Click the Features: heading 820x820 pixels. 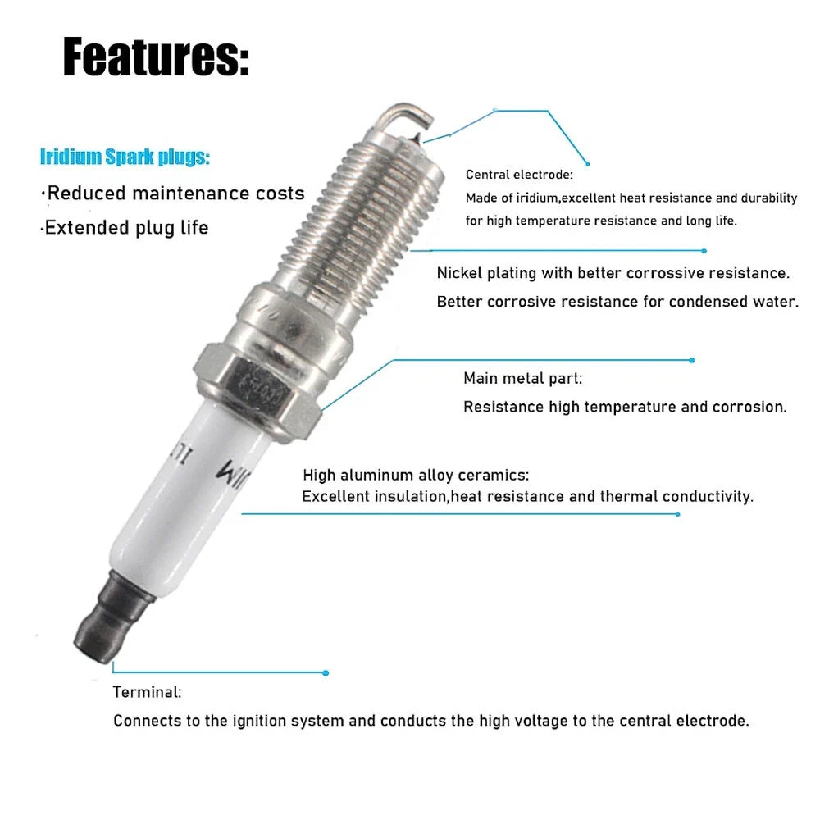tap(156, 57)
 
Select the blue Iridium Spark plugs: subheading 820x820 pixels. tap(125, 157)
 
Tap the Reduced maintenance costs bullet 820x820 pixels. tap(172, 193)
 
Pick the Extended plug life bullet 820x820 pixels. tap(125, 228)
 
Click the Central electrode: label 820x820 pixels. tap(519, 175)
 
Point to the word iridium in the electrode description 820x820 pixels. tap(537, 198)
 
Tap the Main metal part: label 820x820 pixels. tap(522, 378)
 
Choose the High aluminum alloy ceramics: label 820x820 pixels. tap(416, 475)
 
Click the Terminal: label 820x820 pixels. tap(147, 692)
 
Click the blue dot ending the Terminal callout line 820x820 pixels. tap(326, 673)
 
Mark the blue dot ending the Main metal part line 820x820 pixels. tap(692, 360)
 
